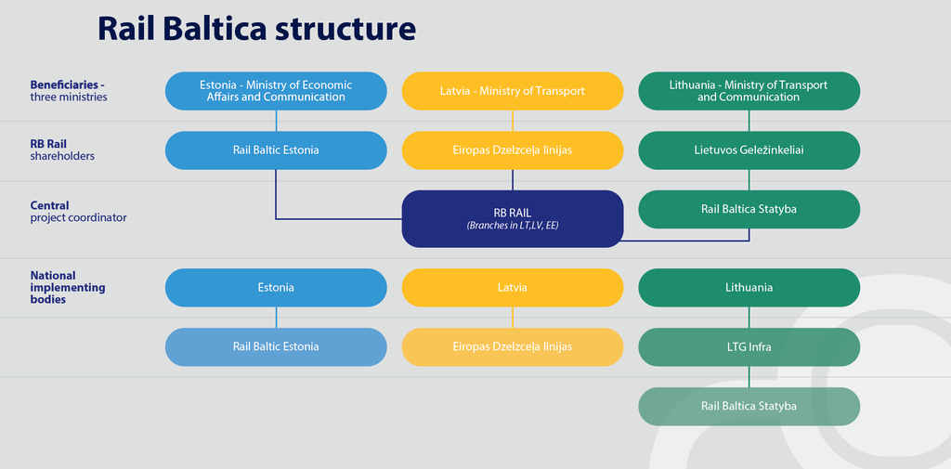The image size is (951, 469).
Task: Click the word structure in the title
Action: pyautogui.click(x=345, y=29)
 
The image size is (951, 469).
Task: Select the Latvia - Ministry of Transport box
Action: pyautogui.click(x=513, y=91)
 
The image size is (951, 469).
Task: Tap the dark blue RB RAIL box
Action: pyautogui.click(x=513, y=218)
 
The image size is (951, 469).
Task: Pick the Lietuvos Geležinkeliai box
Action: pyautogui.click(x=749, y=150)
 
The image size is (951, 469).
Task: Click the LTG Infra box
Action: pyautogui.click(x=749, y=347)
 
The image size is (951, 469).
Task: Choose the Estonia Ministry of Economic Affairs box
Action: pyautogui.click(x=276, y=91)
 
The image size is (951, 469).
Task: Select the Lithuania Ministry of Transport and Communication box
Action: pyautogui.click(x=749, y=91)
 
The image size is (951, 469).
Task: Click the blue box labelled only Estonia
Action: pyautogui.click(x=276, y=288)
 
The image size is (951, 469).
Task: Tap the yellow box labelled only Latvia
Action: pyautogui.click(x=513, y=288)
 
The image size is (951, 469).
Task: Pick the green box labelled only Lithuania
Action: pyautogui.click(x=749, y=288)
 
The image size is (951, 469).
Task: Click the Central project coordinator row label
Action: pyautogui.click(x=78, y=211)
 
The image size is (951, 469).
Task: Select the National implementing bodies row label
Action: pyautogui.click(x=68, y=287)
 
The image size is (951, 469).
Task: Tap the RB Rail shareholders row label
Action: pyautogui.click(x=62, y=150)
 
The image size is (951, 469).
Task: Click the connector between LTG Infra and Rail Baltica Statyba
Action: pyautogui.click(x=749, y=377)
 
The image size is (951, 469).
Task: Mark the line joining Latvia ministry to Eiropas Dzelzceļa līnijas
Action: pyautogui.click(x=513, y=121)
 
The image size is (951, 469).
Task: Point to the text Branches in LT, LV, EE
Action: pyautogui.click(x=513, y=225)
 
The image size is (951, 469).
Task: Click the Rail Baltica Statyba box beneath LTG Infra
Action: pyautogui.click(x=749, y=407)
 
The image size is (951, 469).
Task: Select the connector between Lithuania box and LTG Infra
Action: pyautogui.click(x=749, y=318)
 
